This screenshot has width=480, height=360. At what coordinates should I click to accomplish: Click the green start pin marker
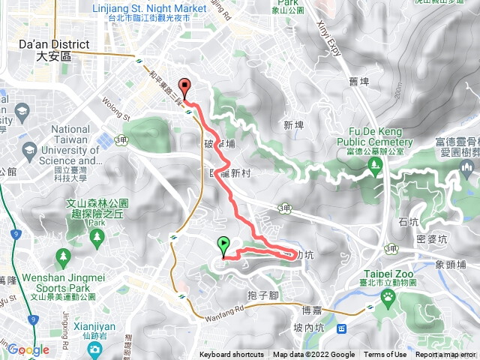coord(223,244)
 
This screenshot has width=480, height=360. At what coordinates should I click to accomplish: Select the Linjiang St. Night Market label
coord(148,8)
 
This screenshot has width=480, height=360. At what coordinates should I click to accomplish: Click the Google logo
coord(28,349)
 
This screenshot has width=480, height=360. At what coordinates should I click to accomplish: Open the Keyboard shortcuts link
coord(232,355)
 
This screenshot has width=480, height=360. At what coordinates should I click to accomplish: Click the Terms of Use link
coord(385,355)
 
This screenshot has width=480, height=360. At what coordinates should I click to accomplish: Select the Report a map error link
coord(447,355)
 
